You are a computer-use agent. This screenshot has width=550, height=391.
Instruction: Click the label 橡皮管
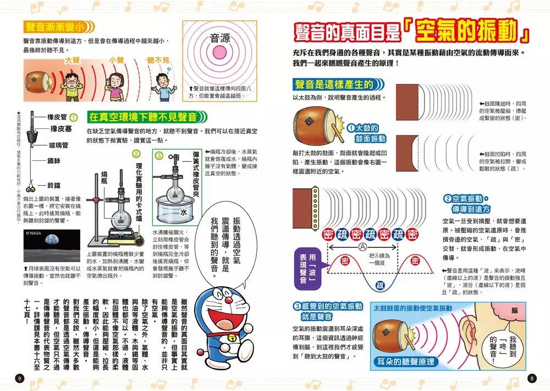(57, 117)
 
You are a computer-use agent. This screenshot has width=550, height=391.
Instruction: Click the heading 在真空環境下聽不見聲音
(144, 117)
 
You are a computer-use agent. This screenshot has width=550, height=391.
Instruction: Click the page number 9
(20, 378)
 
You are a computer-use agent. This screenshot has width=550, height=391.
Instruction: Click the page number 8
(531, 378)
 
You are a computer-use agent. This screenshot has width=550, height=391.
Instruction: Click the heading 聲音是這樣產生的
(334, 84)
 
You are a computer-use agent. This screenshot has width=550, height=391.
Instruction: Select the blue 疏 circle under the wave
(380, 285)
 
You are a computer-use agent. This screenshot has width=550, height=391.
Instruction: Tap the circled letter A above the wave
(362, 247)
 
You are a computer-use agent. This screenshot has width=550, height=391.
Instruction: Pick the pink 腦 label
(514, 311)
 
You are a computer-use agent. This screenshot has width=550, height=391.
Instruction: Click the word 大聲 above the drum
(73, 59)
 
